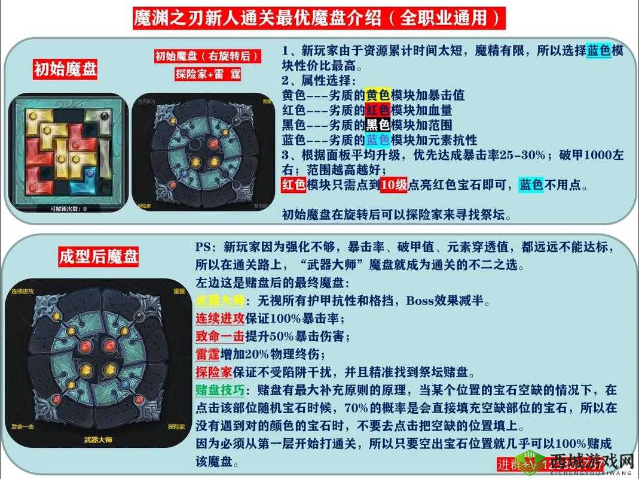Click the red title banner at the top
point(319,18)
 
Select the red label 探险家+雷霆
point(207,75)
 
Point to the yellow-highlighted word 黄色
point(378,95)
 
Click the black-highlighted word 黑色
point(378,125)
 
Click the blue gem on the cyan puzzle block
point(90,172)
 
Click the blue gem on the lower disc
point(125,383)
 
